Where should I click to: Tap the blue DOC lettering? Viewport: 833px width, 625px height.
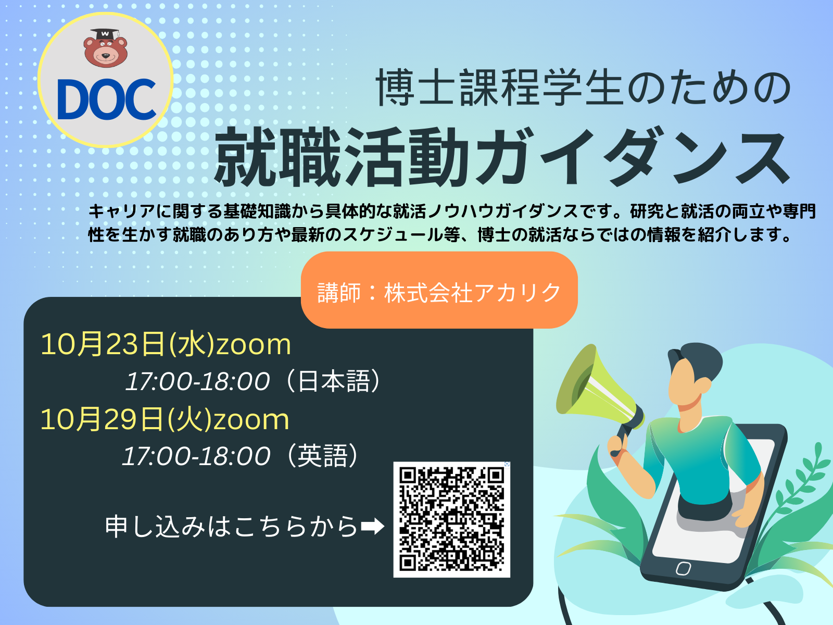(x=107, y=99)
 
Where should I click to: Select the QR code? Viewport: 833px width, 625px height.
(x=451, y=519)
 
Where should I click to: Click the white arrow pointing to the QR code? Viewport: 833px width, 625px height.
(x=373, y=527)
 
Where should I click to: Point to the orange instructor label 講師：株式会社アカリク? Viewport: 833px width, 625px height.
(x=439, y=290)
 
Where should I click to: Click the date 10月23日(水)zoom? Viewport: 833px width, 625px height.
(x=166, y=344)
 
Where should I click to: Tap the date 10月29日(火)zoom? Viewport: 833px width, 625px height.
(x=165, y=419)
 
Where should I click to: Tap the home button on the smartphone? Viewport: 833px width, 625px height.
(x=683, y=568)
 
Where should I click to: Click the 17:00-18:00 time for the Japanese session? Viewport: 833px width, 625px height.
(x=197, y=381)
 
